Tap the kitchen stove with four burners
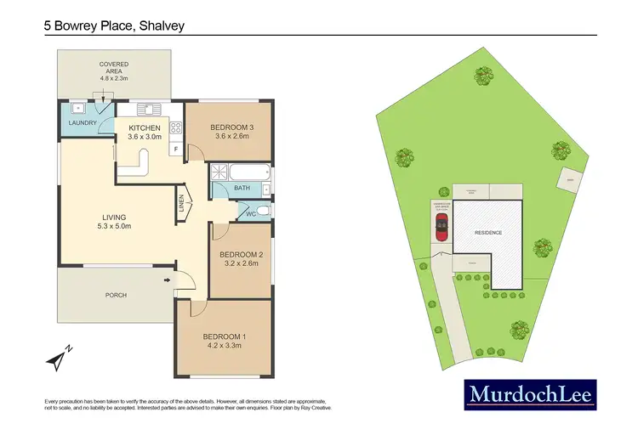tap(177, 128)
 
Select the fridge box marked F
tap(175, 150)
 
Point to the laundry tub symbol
tap(75, 108)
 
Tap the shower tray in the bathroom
tap(220, 171)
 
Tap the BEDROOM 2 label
tap(241, 254)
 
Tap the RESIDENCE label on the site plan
tap(487, 232)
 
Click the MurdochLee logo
tap(530, 394)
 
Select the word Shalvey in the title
tap(157, 25)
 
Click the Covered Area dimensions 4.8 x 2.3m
tap(113, 73)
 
